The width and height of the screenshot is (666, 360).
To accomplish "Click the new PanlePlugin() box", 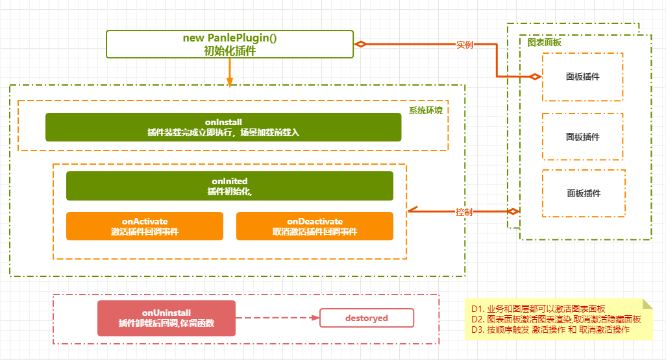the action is (x=230, y=44).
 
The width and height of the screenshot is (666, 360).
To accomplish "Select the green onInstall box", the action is (x=223, y=127).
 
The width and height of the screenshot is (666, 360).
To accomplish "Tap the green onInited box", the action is (x=230, y=186).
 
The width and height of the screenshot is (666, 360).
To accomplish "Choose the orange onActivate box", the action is (x=145, y=226).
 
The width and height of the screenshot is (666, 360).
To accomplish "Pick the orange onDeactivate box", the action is (x=315, y=226).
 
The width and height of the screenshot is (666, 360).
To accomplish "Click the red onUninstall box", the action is (x=166, y=318).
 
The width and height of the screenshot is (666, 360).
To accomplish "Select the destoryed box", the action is (x=367, y=318).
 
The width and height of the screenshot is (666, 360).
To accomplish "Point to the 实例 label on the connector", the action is (x=465, y=45).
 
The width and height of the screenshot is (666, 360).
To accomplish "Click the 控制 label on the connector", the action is (x=464, y=212).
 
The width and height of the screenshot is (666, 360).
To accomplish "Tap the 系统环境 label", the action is (x=426, y=110).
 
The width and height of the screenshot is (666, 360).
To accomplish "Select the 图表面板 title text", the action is (x=545, y=42).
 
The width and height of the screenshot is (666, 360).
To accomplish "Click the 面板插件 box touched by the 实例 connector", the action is (x=583, y=77).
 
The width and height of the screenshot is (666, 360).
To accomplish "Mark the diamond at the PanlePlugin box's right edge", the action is (x=361, y=44).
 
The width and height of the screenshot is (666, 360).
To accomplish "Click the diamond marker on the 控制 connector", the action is (x=513, y=211).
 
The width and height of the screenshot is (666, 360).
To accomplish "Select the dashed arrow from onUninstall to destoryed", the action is (x=278, y=318).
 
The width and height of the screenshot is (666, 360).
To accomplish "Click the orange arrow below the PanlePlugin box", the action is (x=230, y=73).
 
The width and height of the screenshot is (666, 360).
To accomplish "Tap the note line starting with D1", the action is (x=538, y=309).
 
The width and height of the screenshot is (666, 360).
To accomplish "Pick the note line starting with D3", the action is (x=550, y=330).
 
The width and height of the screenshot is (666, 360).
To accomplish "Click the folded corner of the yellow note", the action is (x=647, y=304).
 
